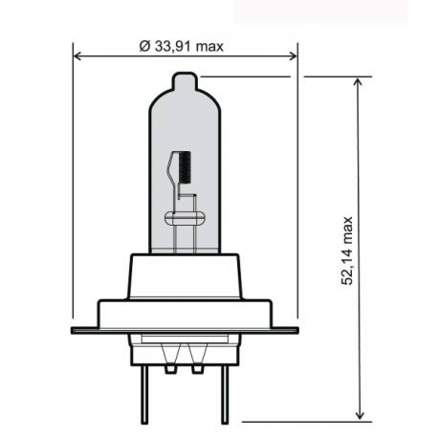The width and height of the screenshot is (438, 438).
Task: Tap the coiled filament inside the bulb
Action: point(186,168)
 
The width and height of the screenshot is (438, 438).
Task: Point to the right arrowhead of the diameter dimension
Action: point(293,55)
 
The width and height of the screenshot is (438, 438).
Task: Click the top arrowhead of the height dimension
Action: point(359,83)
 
